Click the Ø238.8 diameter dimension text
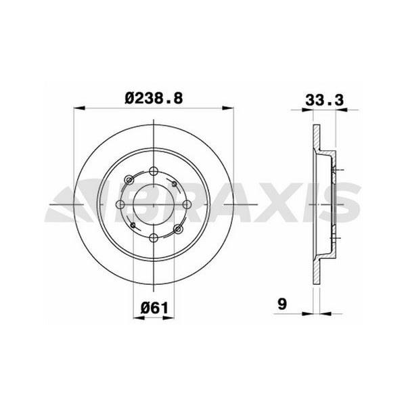pos(154,97)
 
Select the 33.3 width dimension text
pos(323,97)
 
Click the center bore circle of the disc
pos(154,204)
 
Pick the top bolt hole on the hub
pos(154,171)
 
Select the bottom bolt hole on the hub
pos(154,237)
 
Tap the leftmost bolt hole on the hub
pos(121,204)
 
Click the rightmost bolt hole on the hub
pos(187,204)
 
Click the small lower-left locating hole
pos(134,225)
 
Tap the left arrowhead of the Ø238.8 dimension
pos(76,108)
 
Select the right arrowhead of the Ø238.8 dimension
pos(233,108)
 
